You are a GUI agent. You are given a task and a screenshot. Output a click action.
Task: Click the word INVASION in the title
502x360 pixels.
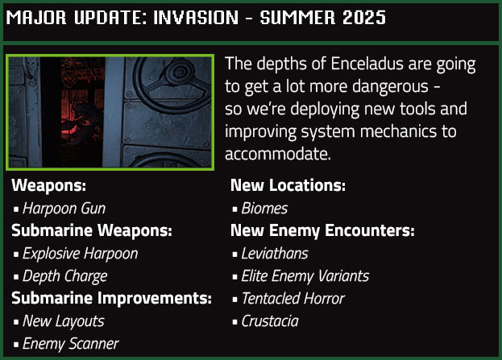tap(196, 17)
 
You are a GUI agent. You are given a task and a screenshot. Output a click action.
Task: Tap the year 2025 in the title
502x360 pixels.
tap(364, 17)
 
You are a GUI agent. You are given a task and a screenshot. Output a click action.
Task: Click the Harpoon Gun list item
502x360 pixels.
tap(64, 209)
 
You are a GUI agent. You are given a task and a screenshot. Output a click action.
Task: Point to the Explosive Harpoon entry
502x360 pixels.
tap(81, 254)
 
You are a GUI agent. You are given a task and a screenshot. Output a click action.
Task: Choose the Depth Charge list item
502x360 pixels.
tap(65, 276)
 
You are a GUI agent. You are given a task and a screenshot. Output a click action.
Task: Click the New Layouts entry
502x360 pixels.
tap(64, 321)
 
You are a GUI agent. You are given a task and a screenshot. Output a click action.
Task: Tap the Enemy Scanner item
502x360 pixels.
tap(71, 344)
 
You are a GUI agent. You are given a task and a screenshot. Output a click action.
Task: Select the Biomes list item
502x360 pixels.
tap(264, 209)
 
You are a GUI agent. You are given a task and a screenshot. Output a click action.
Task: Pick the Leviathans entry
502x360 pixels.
tap(275, 254)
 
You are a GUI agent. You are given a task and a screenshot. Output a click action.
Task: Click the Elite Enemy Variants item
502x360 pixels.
tap(305, 276)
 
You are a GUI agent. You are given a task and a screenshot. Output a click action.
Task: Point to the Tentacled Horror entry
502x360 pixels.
tap(293, 299)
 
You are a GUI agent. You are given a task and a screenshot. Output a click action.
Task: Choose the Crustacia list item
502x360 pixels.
tap(270, 321)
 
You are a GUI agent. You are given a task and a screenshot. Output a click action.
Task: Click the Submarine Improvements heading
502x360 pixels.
tap(111, 298)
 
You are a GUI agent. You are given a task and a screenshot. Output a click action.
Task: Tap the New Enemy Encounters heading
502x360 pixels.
tap(322, 230)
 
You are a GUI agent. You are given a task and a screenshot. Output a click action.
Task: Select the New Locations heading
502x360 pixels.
tap(288, 185)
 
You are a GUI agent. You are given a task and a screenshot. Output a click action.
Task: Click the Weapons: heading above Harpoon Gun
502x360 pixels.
tap(48, 185)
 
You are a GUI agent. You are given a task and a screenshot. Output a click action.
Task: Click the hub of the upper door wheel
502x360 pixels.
tap(180, 72)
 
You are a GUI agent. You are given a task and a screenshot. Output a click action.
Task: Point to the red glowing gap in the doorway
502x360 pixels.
tap(82, 112)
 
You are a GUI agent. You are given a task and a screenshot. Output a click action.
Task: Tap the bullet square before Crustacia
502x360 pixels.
tap(235, 322)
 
